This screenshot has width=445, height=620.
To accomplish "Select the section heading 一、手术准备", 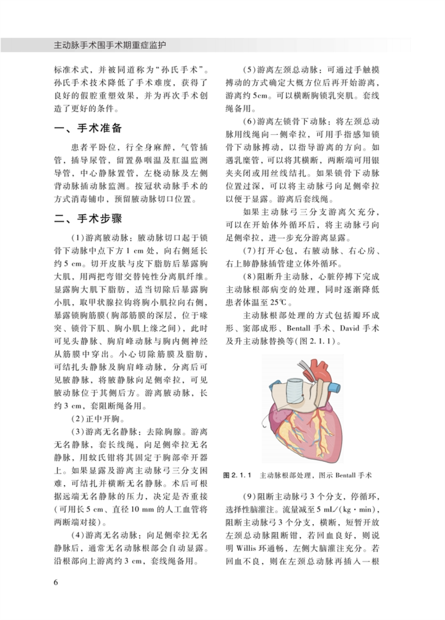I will [89, 129].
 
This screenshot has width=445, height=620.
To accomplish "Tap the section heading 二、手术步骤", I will [89, 219].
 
